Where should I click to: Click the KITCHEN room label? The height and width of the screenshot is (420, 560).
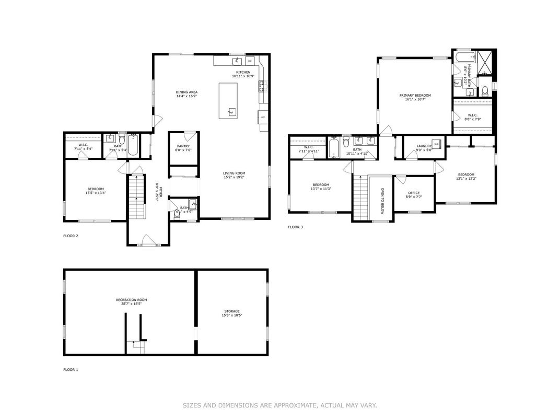click(x=243, y=72)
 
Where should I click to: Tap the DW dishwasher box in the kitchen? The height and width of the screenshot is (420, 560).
click(x=250, y=61)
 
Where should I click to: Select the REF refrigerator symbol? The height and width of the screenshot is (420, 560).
click(x=263, y=117)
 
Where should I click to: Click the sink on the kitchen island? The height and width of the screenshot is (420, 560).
click(x=231, y=111)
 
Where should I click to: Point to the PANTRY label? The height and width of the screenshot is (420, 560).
click(x=183, y=146)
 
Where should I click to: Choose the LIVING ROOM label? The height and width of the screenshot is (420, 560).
click(x=234, y=173)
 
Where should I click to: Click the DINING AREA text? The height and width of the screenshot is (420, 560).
click(x=186, y=92)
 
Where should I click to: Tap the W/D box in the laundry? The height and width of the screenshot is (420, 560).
click(x=437, y=143)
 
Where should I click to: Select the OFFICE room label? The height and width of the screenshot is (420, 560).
click(x=414, y=193)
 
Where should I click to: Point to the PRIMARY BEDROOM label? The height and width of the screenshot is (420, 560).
click(x=415, y=95)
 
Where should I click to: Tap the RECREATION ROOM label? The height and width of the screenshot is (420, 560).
click(x=129, y=299)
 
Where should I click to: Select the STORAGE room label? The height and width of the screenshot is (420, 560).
click(x=232, y=311)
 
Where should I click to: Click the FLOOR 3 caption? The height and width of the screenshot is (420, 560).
click(x=295, y=227)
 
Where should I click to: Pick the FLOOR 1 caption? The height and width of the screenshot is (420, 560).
click(x=71, y=370)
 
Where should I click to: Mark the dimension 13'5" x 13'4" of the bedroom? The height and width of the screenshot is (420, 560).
click(x=95, y=193)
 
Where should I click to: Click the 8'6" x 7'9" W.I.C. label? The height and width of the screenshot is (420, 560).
click(x=472, y=119)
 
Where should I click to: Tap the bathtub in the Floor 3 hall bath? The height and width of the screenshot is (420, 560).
click(x=334, y=147)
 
